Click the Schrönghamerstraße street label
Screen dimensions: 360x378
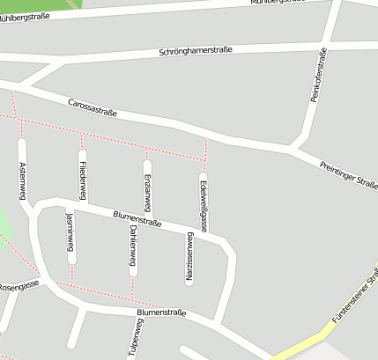(196, 51)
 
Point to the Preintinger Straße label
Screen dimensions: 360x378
(348, 173)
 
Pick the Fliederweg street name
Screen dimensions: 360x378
(82, 179)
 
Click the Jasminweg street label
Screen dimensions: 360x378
(70, 236)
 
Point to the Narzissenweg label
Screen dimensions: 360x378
(189, 260)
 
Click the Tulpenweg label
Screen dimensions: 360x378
(137, 337)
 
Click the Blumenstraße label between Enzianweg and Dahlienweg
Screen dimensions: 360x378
(137, 218)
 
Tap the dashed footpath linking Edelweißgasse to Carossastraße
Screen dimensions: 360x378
(205, 151)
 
